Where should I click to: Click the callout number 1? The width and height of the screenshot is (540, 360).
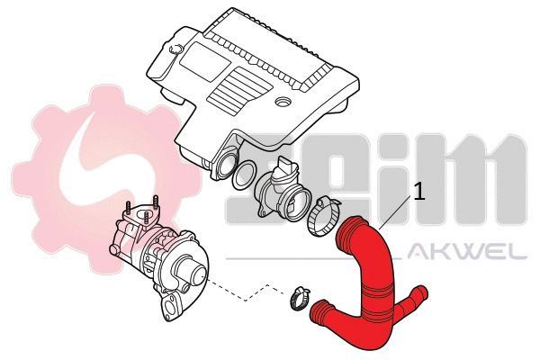tap(418, 192)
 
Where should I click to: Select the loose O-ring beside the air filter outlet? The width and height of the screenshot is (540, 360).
tap(242, 176)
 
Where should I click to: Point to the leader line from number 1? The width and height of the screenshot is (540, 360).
tap(396, 212)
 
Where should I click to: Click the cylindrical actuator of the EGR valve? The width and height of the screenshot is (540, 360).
tap(191, 269)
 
